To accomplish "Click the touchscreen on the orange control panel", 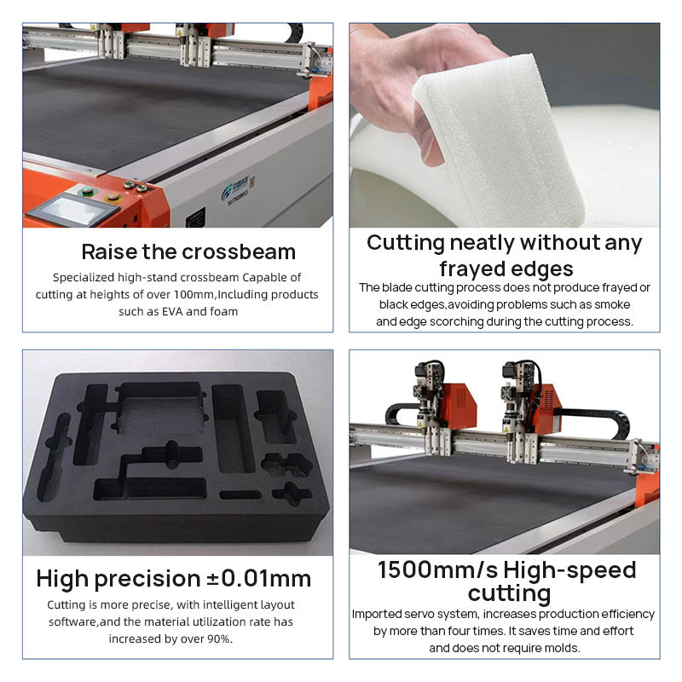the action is (73, 211).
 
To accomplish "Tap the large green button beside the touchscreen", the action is (87, 190).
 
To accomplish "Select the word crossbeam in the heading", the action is (239, 251).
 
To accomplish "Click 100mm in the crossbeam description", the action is (194, 294).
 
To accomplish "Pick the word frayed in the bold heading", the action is (469, 269).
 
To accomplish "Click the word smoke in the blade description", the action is (612, 304).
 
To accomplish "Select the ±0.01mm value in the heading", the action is (258, 579).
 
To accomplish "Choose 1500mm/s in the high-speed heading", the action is (437, 569).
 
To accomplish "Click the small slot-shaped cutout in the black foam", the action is (240, 494).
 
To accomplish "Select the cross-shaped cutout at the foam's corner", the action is (292, 494).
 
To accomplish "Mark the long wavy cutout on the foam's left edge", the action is (54, 457).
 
